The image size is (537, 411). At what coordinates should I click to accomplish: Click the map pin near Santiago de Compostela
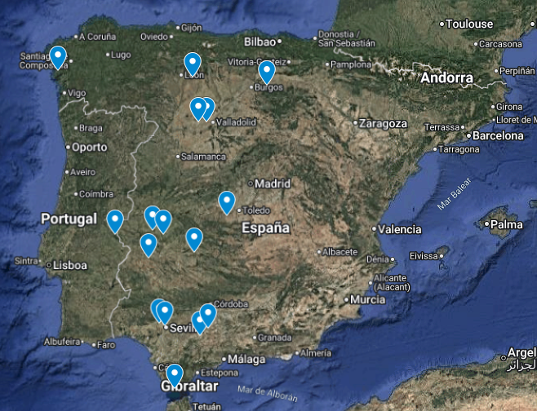click(x=58, y=57)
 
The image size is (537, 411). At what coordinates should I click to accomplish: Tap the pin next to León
click(x=193, y=63)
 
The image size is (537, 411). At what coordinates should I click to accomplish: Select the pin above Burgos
click(x=265, y=72)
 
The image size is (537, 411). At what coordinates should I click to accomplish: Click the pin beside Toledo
click(x=227, y=201)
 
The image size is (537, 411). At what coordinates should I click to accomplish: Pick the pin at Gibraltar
click(x=173, y=374)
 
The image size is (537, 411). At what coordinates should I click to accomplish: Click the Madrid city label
click(x=272, y=183)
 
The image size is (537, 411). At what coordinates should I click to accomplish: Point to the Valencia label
click(x=400, y=229)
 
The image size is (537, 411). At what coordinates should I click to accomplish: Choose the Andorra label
click(x=446, y=78)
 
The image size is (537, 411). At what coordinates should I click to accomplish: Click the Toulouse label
click(x=471, y=24)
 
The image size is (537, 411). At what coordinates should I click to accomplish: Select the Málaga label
click(x=246, y=359)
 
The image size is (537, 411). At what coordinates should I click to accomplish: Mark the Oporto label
click(x=89, y=148)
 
